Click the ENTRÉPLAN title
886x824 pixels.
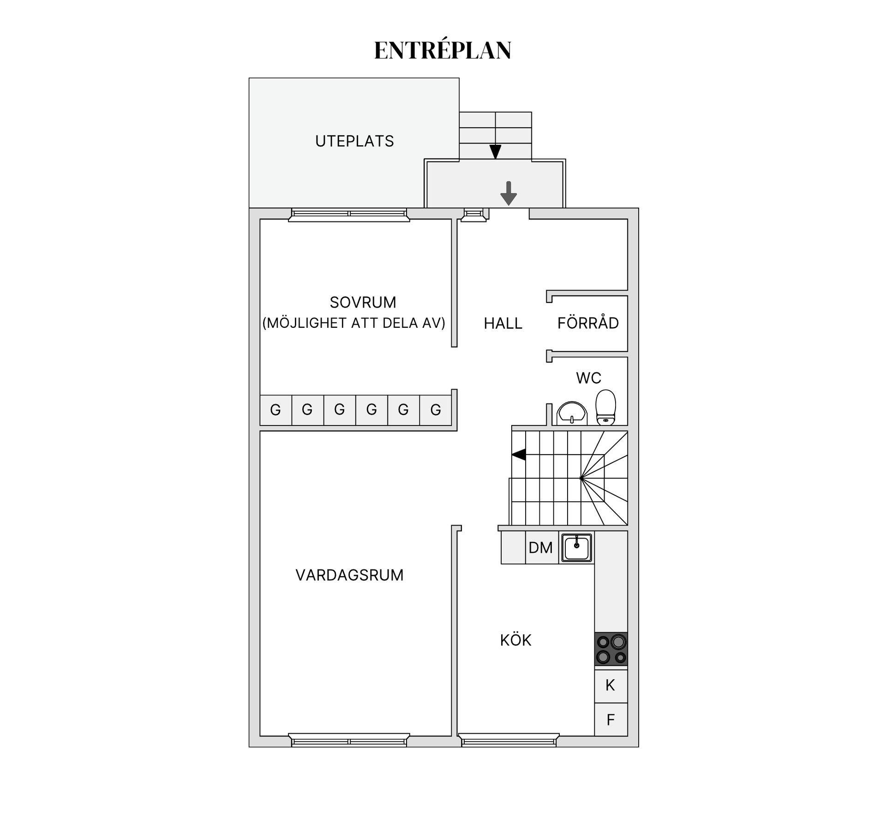[443, 51]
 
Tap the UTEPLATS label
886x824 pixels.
[354, 141]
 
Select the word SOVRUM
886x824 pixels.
[363, 302]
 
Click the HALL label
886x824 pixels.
[503, 324]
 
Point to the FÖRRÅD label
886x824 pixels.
[588, 323]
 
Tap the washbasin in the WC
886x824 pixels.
[572, 413]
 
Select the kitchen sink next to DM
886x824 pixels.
[576, 547]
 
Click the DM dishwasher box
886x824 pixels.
[541, 548]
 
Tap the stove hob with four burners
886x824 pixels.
[611, 649]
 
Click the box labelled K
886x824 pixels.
[611, 686]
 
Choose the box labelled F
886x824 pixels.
[611, 719]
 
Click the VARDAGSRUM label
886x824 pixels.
[349, 575]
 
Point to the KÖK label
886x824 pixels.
[515, 640]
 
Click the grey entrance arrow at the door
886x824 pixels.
[509, 193]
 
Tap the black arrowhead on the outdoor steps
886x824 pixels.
[495, 152]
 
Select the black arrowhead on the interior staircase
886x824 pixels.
[519, 455]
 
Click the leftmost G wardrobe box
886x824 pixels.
[275, 410]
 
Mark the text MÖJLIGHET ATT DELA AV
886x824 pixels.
[354, 323]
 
